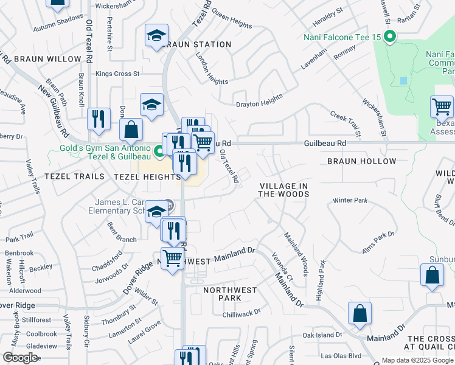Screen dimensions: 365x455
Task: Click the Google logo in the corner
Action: (20, 358)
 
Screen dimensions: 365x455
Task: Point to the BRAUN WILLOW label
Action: (47, 59)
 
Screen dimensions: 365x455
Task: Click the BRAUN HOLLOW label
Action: (361, 161)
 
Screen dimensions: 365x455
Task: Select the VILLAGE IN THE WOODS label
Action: (283, 190)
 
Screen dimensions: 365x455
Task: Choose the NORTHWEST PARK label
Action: (230, 294)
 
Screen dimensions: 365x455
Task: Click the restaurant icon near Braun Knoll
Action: (99, 119)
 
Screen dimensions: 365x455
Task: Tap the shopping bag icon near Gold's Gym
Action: (131, 129)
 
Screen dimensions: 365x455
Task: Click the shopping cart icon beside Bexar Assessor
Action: (442, 107)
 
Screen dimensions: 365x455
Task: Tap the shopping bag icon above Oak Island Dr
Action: (359, 314)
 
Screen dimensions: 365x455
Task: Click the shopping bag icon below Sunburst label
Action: (431, 274)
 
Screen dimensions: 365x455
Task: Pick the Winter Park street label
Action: (350, 200)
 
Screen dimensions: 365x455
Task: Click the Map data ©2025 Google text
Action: (417, 360)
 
